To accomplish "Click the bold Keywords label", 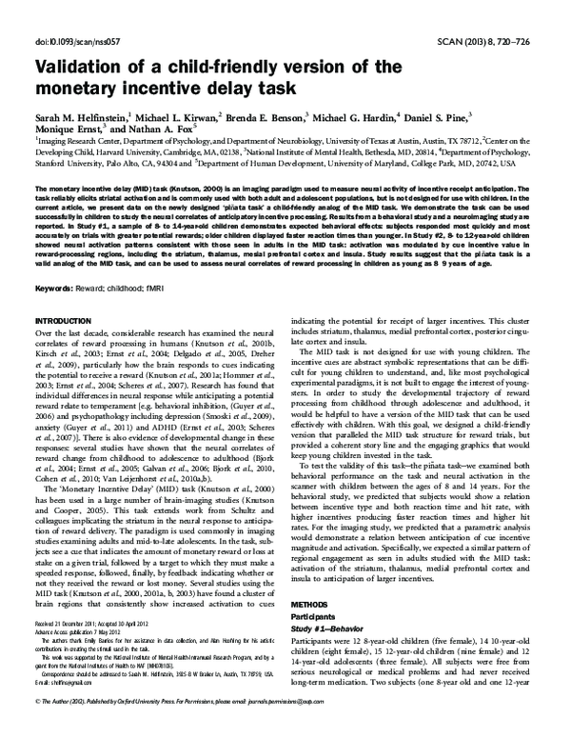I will pyautogui.click(x=58, y=288).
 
